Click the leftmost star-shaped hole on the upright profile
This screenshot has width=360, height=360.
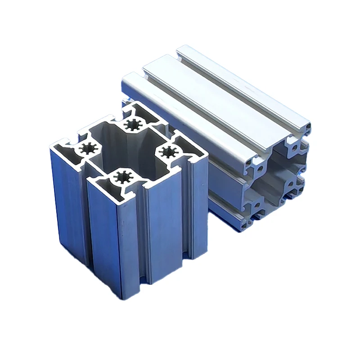[x=88, y=148]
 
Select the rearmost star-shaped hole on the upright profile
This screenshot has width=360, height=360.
[x=133, y=125]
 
